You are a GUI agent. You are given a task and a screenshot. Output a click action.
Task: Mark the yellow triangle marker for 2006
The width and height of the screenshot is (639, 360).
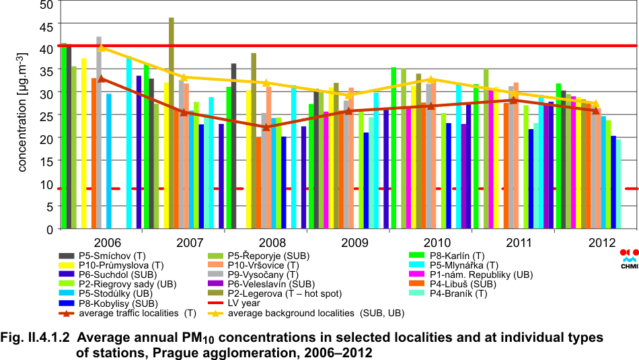click(102, 47)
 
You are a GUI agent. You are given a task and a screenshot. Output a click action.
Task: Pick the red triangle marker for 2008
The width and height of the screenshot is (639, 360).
click(266, 127)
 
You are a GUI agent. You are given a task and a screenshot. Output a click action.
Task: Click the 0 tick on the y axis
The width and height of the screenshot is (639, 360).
click(48, 229)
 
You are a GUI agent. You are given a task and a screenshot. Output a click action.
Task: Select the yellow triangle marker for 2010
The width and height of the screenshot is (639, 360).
click(432, 79)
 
